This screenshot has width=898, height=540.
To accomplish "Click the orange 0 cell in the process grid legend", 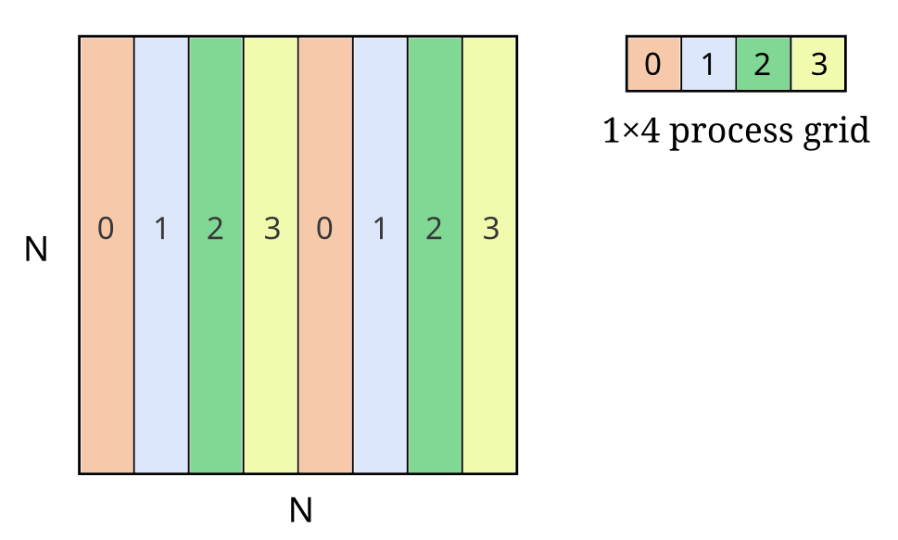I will [x=653, y=64].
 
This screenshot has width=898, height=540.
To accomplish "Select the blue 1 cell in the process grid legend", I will [x=708, y=64].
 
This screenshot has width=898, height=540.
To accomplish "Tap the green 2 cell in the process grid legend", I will [x=764, y=64].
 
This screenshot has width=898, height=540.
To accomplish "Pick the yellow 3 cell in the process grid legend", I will [x=818, y=64].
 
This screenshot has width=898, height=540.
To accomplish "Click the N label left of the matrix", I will [x=35, y=249].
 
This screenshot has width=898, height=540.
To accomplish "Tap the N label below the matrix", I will [x=298, y=509].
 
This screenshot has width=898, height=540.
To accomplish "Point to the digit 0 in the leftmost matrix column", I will [x=107, y=229].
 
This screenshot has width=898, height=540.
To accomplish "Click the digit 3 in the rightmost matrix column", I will [x=490, y=229].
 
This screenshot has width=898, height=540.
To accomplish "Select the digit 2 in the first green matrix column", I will [x=216, y=229].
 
